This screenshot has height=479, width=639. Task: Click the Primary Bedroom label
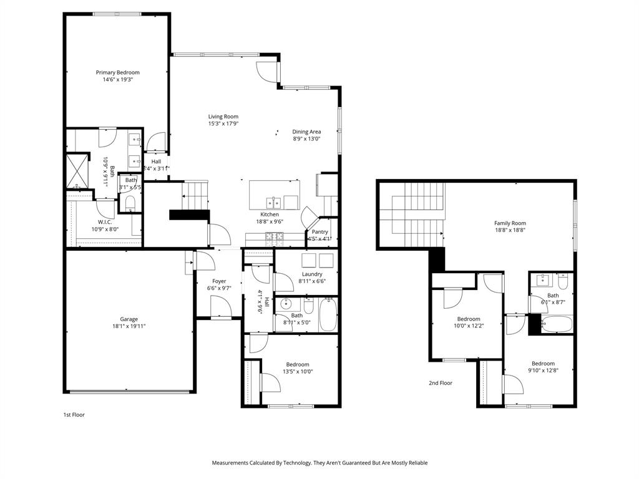(x=117, y=72)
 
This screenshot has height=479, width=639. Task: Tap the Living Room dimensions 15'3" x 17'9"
(x=223, y=123)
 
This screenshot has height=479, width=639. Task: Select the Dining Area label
(x=306, y=132)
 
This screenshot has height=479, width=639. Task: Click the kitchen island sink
(x=273, y=202)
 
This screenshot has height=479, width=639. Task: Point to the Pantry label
(x=319, y=231)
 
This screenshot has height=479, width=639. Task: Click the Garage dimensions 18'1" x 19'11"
(x=129, y=326)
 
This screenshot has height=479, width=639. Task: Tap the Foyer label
(x=218, y=281)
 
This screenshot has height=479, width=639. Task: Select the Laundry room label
(x=312, y=274)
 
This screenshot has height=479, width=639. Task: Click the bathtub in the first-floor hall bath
(x=328, y=316)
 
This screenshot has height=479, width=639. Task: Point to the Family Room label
(x=510, y=223)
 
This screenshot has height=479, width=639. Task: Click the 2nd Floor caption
(x=440, y=383)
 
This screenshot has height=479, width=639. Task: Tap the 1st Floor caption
(x=74, y=414)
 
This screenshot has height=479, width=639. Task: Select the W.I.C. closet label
(x=104, y=221)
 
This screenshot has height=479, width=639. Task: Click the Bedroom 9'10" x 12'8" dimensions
(x=543, y=370)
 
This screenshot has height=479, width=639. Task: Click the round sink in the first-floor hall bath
(x=286, y=305)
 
